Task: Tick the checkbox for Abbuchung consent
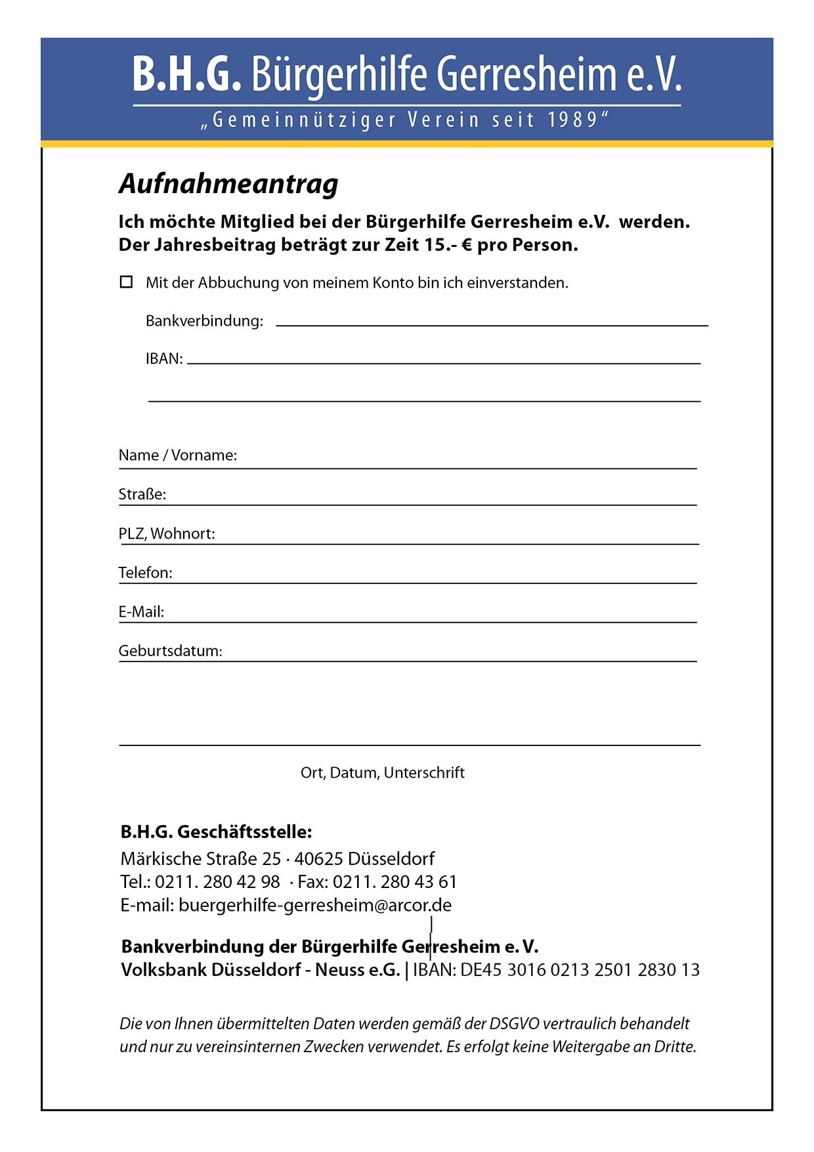click(x=126, y=282)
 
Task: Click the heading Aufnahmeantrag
click(x=228, y=184)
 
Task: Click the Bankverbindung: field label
click(x=204, y=321)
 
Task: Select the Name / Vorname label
click(x=177, y=455)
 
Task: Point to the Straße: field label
click(x=142, y=494)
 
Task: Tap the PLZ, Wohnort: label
click(x=167, y=533)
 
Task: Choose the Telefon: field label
click(x=145, y=573)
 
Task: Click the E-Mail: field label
click(x=141, y=612)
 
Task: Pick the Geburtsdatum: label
click(x=170, y=651)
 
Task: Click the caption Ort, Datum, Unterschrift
click(x=382, y=772)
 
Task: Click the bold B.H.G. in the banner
click(x=186, y=74)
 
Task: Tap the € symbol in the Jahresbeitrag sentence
click(x=467, y=245)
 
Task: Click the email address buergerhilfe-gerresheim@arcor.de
click(x=315, y=905)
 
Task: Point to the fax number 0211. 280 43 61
click(x=395, y=881)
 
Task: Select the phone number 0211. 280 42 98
click(x=217, y=881)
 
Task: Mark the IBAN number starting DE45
click(x=580, y=970)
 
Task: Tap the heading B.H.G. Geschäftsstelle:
click(x=216, y=832)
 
